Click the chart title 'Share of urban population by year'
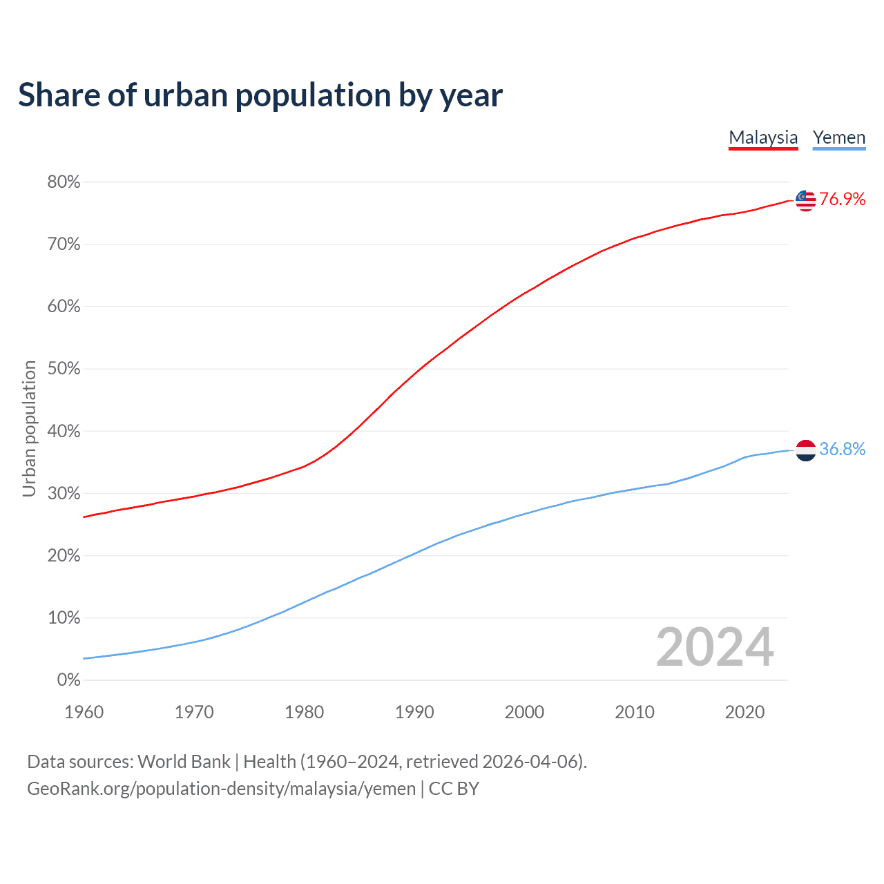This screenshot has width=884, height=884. (260, 95)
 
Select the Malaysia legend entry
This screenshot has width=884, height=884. (763, 137)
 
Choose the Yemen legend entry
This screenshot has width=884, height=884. (839, 137)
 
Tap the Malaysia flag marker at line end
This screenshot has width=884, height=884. (805, 200)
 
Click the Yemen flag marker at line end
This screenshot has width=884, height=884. (805, 450)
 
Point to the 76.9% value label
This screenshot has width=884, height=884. (843, 200)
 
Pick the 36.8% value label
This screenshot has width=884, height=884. (843, 450)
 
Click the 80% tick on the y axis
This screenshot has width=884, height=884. (64, 182)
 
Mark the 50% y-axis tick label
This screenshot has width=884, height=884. (64, 369)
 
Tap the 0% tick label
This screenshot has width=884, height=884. (68, 680)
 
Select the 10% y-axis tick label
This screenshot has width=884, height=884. (64, 618)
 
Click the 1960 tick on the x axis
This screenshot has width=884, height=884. (84, 712)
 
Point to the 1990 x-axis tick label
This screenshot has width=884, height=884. (414, 712)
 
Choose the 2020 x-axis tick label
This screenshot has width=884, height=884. (744, 712)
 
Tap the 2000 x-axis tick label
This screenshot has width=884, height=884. (524, 712)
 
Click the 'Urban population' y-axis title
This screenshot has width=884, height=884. (29, 428)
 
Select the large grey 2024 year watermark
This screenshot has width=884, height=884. (715, 647)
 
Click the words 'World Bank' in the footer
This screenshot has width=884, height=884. (184, 762)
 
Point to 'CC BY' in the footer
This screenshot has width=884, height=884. (454, 789)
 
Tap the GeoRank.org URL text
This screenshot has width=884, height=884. (221, 789)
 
